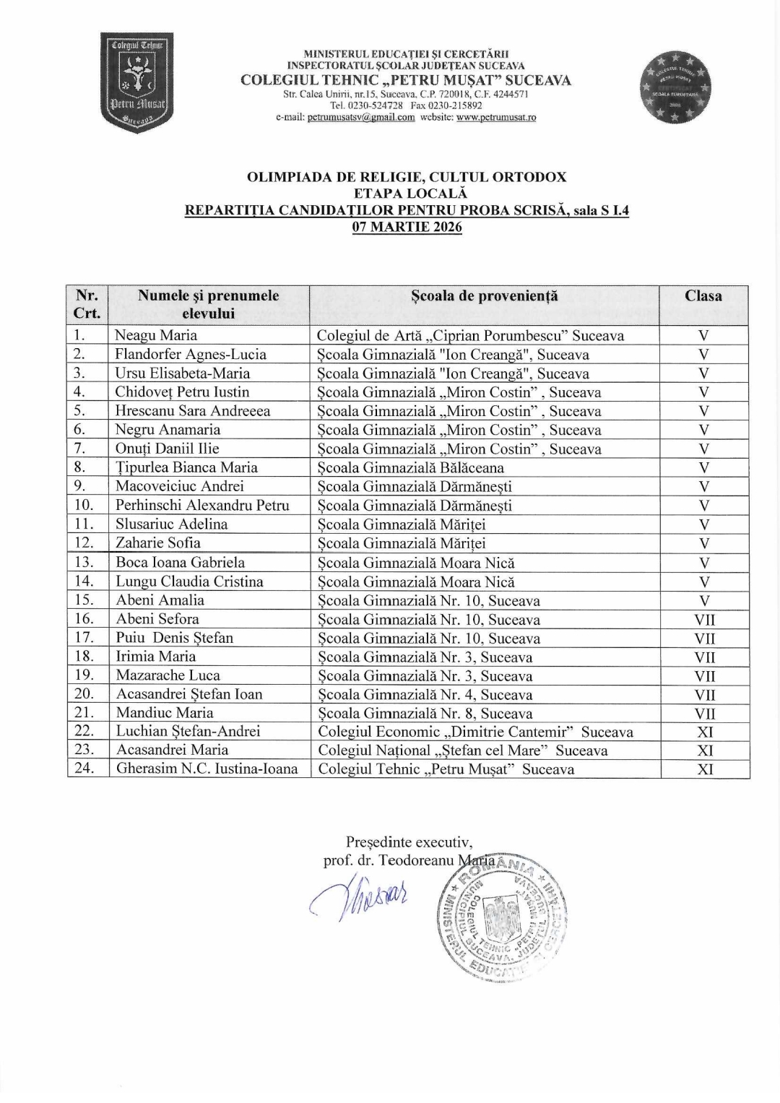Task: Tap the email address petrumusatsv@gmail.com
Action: [x=360, y=118]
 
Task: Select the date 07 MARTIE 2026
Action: [x=407, y=227]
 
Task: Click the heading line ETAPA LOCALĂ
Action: [x=407, y=193]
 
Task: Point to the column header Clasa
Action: [x=703, y=295]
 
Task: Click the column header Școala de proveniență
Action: [x=484, y=295]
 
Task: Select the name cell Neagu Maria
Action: [x=156, y=335]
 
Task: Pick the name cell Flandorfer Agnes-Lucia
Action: [x=191, y=354]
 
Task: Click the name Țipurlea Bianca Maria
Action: [x=186, y=467]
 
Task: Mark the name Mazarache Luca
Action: [x=168, y=675]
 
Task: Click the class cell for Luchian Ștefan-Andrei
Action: [x=704, y=732]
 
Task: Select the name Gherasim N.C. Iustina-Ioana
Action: [x=207, y=769]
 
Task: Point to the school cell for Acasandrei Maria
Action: [x=462, y=751]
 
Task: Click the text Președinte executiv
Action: [x=409, y=842]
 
